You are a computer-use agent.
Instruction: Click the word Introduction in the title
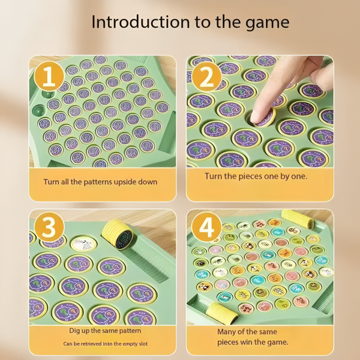(140, 22)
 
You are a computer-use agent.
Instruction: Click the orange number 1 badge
(49, 76)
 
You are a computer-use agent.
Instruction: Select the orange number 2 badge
(206, 77)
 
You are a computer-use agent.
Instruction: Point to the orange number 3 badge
(49, 227)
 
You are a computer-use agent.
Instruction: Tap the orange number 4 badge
(206, 227)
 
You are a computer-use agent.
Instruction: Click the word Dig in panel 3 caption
(74, 331)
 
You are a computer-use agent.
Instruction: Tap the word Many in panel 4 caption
(227, 332)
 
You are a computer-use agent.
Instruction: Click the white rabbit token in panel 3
(83, 244)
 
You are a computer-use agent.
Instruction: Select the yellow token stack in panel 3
(118, 234)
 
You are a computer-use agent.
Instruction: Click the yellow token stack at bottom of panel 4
(222, 314)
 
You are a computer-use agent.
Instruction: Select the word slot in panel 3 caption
(143, 344)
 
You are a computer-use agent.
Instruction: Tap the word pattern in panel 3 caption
(130, 331)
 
